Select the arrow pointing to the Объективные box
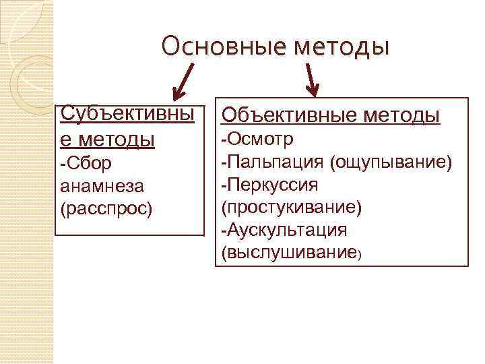(x=312, y=80)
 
